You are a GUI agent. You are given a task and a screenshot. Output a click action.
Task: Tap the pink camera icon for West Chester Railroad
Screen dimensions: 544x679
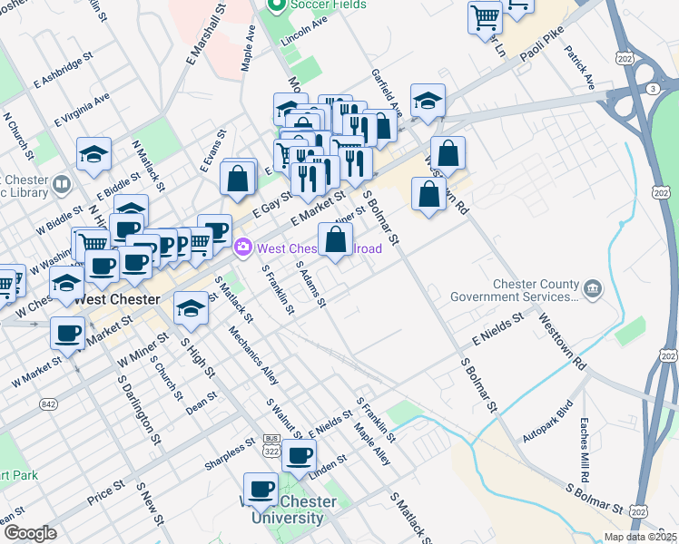tap(242, 247)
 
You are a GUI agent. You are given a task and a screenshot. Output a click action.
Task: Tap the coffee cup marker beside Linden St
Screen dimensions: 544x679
tap(299, 455)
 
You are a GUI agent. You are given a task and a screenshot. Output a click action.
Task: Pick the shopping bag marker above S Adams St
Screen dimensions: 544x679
tap(335, 240)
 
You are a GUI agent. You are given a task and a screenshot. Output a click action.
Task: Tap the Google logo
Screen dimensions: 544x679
tap(30, 532)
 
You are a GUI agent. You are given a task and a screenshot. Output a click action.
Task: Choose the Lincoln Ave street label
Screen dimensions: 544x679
tap(304, 34)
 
